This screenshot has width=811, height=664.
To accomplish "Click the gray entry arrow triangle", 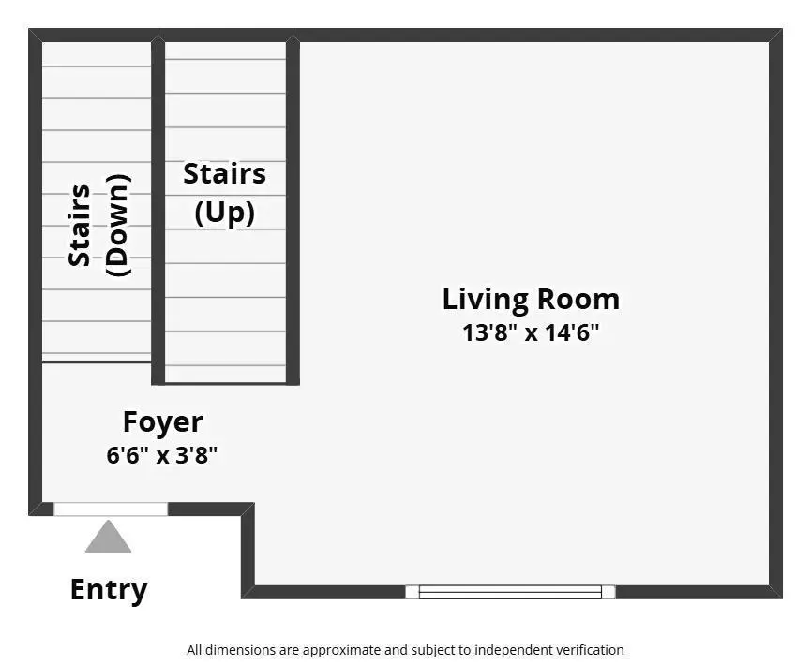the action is pyautogui.click(x=108, y=537).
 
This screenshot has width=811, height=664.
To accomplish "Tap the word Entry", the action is pyautogui.click(x=109, y=590).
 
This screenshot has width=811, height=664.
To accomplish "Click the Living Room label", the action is pyautogui.click(x=531, y=300).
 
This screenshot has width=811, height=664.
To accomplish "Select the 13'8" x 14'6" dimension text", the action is pyautogui.click(x=531, y=332).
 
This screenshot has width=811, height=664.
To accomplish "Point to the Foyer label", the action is pyautogui.click(x=162, y=422).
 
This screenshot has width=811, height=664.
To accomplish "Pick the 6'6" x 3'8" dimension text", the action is pyautogui.click(x=162, y=455).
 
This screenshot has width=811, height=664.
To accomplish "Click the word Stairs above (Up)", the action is pyautogui.click(x=224, y=173).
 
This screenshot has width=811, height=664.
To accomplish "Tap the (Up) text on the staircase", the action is pyautogui.click(x=225, y=212).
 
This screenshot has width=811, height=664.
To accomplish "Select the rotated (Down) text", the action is pyautogui.click(x=118, y=226).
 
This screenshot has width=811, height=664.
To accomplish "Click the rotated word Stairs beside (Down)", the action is pyautogui.click(x=79, y=226).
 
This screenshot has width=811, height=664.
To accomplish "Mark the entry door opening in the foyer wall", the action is pyautogui.click(x=111, y=509).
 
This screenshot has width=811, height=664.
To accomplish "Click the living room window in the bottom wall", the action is pyautogui.click(x=510, y=592).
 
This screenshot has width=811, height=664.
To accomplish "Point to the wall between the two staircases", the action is pyautogui.click(x=158, y=212).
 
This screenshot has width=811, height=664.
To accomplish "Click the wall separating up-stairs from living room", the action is pyautogui.click(x=293, y=212).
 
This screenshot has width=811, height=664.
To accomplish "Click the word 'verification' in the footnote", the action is pyautogui.click(x=593, y=650).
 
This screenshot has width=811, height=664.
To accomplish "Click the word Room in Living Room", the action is pyautogui.click(x=578, y=299).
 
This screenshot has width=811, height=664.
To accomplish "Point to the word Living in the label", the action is pyautogui.click(x=486, y=300).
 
